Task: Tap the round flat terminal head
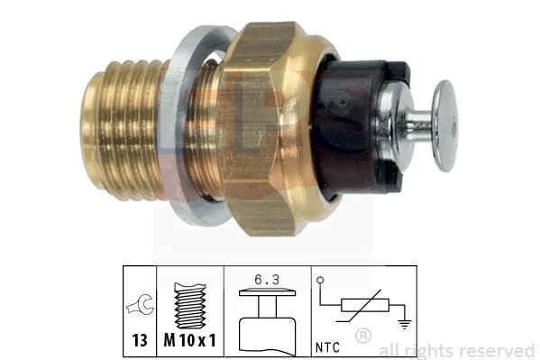pos(445,125)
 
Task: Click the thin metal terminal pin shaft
pos(419,125)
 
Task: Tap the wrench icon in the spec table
pos(141,304)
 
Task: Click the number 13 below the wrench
pos(140,340)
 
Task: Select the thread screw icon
pos(190,306)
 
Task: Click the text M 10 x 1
pos(189,340)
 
